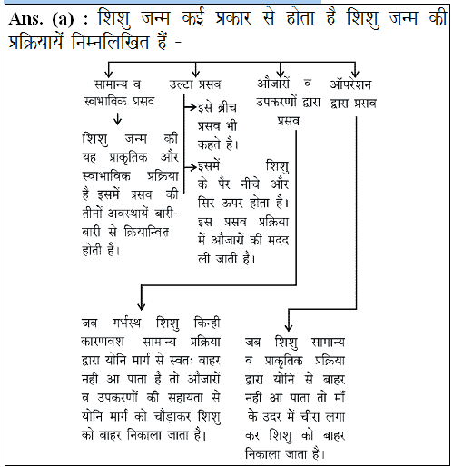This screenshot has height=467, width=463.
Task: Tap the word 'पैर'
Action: (x=245, y=183)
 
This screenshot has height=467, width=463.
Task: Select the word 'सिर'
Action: (x=212, y=200)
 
